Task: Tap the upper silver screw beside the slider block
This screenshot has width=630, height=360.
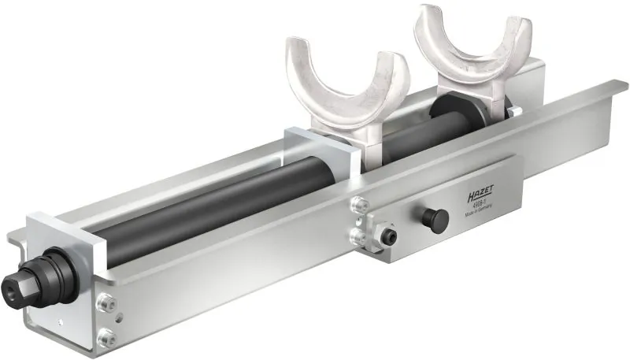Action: click(x=360, y=204)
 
